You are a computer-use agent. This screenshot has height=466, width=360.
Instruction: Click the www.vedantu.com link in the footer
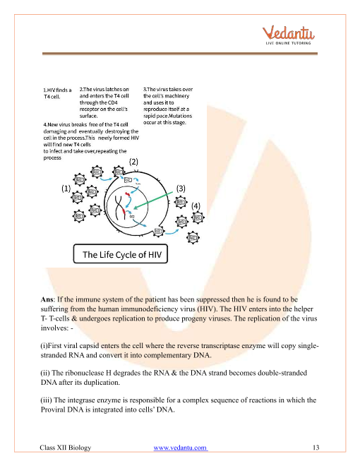(x=180, y=448)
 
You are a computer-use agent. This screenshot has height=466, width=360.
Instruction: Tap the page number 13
(x=316, y=448)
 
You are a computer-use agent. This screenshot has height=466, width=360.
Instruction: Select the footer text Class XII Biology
(x=66, y=448)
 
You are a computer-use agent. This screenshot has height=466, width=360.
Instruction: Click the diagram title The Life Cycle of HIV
(x=122, y=255)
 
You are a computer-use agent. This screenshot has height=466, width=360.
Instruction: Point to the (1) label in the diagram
(x=66, y=189)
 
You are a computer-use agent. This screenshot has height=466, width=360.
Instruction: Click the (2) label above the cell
(x=133, y=162)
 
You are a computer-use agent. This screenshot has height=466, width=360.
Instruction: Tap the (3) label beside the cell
(x=181, y=189)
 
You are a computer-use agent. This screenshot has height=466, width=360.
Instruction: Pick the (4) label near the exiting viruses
(x=196, y=206)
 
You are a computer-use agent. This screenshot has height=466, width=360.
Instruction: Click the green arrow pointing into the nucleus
(x=153, y=200)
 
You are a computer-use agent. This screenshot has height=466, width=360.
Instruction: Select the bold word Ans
(x=47, y=299)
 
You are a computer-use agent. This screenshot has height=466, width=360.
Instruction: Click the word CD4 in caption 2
(x=112, y=102)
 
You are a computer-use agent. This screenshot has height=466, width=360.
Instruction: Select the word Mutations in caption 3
(x=180, y=116)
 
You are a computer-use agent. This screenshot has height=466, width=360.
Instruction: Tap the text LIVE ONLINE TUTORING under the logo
(x=288, y=43)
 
